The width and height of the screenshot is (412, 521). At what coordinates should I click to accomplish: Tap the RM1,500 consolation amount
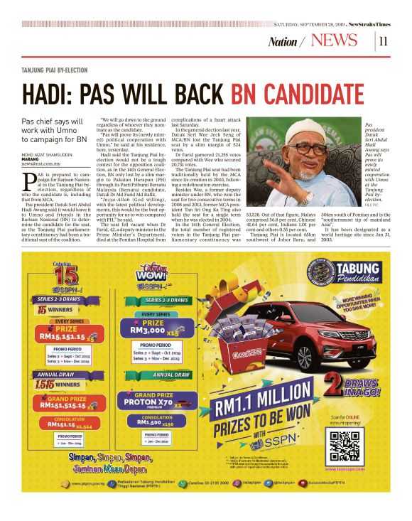[147, 421]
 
